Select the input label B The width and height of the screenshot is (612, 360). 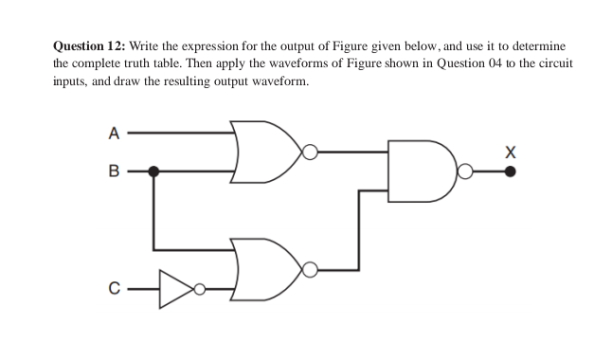coord(113,172)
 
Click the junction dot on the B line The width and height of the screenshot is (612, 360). coord(154,171)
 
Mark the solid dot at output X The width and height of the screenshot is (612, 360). coord(512,171)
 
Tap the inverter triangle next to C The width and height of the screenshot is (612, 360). coord(175,288)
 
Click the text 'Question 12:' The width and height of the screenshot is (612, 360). coord(89,45)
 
